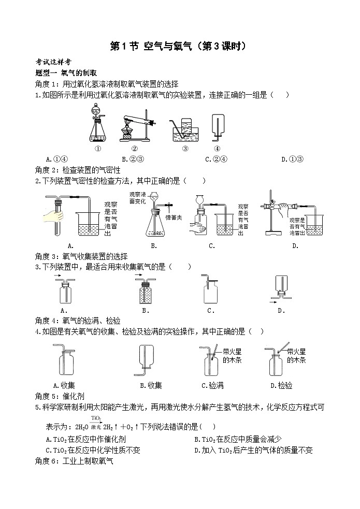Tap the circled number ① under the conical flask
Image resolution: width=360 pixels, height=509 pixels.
click(x=97, y=148)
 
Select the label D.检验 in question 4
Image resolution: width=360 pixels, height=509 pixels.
click(x=281, y=385)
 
